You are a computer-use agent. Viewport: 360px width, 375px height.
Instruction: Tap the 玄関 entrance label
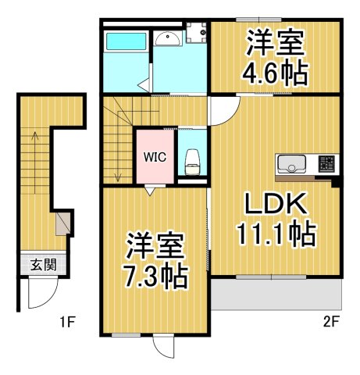point(43,265)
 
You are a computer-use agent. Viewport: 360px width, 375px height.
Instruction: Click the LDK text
point(276,205)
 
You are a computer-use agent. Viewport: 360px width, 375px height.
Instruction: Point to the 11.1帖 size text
point(276,234)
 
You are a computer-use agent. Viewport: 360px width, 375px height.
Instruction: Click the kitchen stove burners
point(326,164)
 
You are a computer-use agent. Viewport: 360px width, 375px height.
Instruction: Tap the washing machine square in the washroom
point(195,32)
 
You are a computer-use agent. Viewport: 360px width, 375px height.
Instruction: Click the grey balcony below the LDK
point(276,296)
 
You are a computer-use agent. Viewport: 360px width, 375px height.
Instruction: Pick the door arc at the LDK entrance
point(222,112)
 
